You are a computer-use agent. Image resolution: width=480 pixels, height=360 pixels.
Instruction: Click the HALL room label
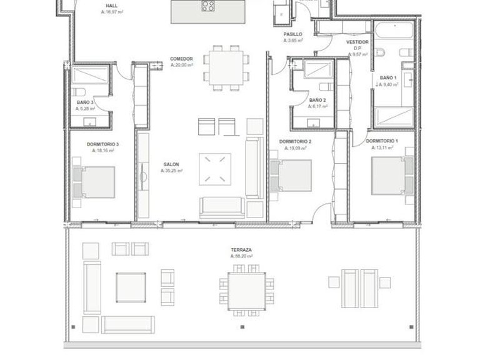click(x=111, y=5)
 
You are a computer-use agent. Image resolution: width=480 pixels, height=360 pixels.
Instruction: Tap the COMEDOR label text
click(x=181, y=59)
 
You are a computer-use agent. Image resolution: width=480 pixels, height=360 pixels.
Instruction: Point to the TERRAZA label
click(x=241, y=249)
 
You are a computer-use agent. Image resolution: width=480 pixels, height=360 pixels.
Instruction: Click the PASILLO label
click(x=292, y=34)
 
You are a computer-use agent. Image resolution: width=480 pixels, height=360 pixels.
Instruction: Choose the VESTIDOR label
click(x=357, y=42)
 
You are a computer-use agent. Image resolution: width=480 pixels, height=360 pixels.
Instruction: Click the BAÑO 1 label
click(x=387, y=77)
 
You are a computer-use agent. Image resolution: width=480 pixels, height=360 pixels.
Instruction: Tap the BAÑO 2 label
click(x=317, y=99)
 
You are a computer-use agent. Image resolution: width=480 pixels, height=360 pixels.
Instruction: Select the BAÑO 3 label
click(x=86, y=102)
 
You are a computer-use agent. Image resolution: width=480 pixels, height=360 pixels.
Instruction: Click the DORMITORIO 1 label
click(x=381, y=141)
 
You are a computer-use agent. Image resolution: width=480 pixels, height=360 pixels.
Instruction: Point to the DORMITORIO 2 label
click(x=295, y=142)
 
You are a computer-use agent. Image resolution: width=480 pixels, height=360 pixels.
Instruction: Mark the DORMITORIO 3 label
click(x=103, y=144)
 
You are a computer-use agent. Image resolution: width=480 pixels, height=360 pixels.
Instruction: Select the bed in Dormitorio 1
click(x=392, y=176)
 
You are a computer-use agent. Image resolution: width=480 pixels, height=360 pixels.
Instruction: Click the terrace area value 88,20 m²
click(x=241, y=256)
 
